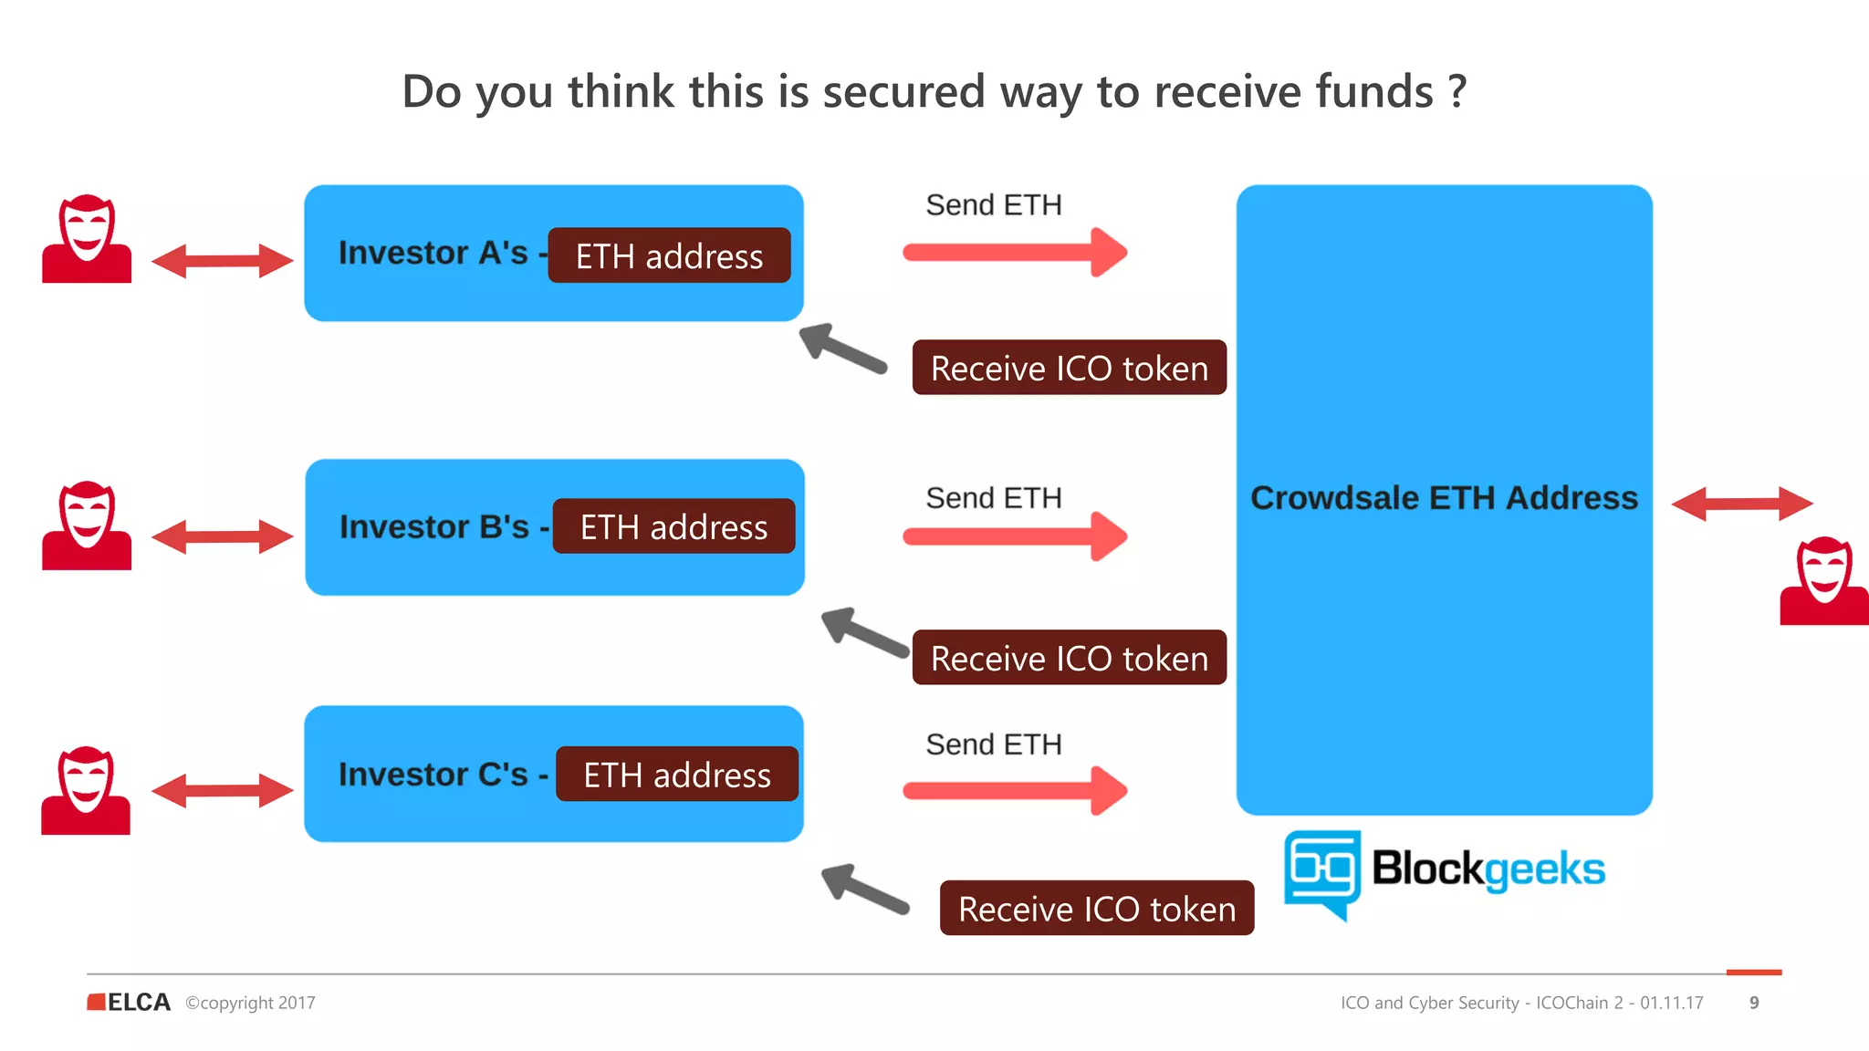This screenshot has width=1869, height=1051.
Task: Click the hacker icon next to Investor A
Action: point(87,239)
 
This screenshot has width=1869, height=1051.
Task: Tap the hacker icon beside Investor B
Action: point(87,526)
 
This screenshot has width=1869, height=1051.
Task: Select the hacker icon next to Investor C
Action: point(86,791)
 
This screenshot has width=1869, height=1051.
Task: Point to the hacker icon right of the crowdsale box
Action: point(1823,582)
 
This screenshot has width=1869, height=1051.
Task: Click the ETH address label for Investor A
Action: point(669,256)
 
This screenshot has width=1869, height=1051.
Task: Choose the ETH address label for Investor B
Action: point(673,527)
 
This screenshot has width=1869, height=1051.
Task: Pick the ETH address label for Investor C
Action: point(677,775)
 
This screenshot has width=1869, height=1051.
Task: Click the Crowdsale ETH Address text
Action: point(1444,498)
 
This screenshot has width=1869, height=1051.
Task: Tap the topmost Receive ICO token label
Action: point(1069,369)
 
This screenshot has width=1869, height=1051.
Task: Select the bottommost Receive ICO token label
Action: point(1097,909)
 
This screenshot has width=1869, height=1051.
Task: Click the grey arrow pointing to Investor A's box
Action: point(842,349)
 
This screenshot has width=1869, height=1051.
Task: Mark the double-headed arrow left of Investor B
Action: point(222,536)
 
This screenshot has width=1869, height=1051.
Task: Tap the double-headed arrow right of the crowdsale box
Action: point(1741,504)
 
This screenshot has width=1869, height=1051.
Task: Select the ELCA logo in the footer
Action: point(129,1003)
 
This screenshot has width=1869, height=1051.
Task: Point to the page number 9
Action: point(1754,1003)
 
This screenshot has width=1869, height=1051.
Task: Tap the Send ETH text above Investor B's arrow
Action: point(994,498)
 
